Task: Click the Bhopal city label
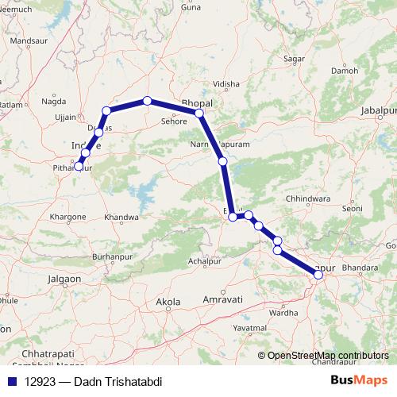pos(197,103)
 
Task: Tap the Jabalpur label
pos(377,109)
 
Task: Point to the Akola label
pos(168,302)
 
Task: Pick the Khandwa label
pos(121,217)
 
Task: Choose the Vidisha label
pos(225,83)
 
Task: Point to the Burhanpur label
pos(110,257)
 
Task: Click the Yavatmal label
pos(249,327)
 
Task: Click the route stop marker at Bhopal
pos(199,114)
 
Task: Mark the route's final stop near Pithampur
pos(78,165)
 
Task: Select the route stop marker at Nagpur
pos(318,274)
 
